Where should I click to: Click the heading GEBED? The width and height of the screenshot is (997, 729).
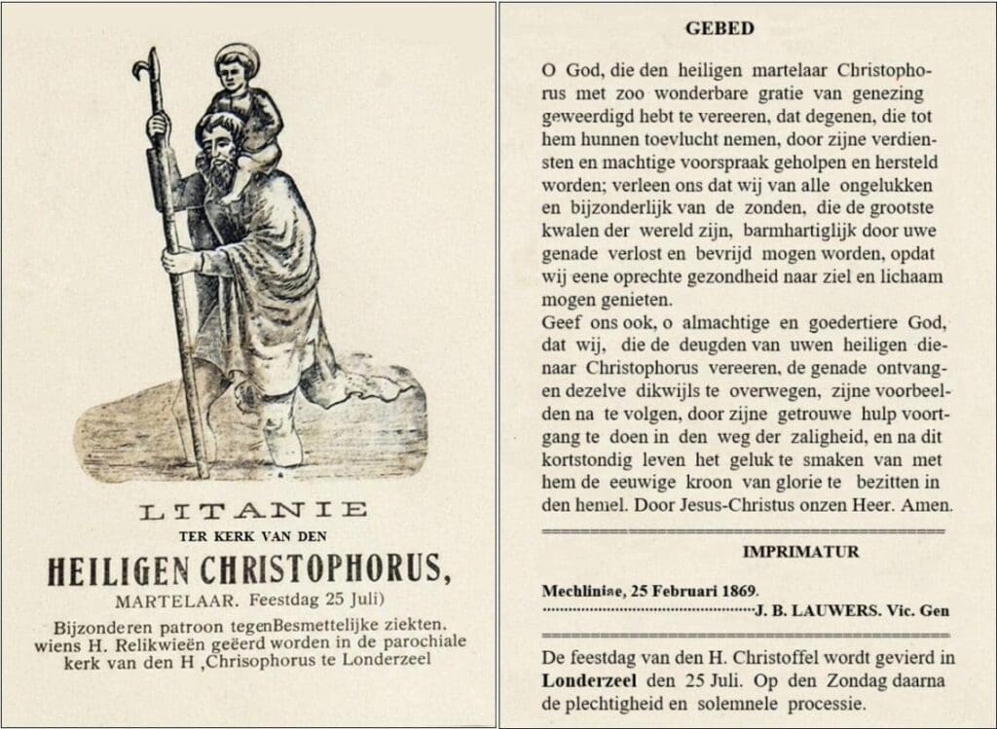(x=719, y=28)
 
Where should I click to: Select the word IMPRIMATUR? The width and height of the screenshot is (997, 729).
(x=801, y=552)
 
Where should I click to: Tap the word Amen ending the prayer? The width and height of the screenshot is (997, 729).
(x=926, y=506)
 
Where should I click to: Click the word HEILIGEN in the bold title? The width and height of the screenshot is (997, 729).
(x=121, y=568)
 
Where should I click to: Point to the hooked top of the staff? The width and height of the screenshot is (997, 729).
(x=145, y=67)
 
